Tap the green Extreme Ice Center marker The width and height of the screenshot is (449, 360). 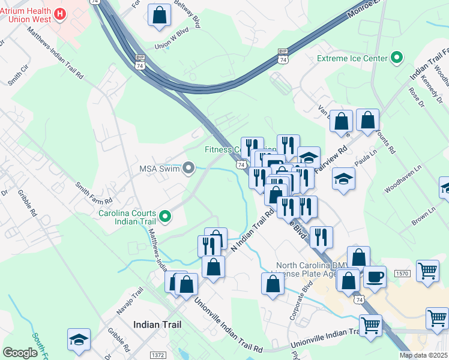pos(396,58)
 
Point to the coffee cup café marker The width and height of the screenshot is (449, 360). pos(375,277)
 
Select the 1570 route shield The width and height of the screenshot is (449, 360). pos(403,274)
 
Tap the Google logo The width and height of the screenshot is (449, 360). pos(20,353)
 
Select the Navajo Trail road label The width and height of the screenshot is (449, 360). pos(130,302)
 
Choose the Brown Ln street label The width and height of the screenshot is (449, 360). pos(423,217)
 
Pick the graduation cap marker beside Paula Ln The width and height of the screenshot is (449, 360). pos(343,179)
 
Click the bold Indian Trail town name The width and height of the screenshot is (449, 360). pos(157,324)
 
